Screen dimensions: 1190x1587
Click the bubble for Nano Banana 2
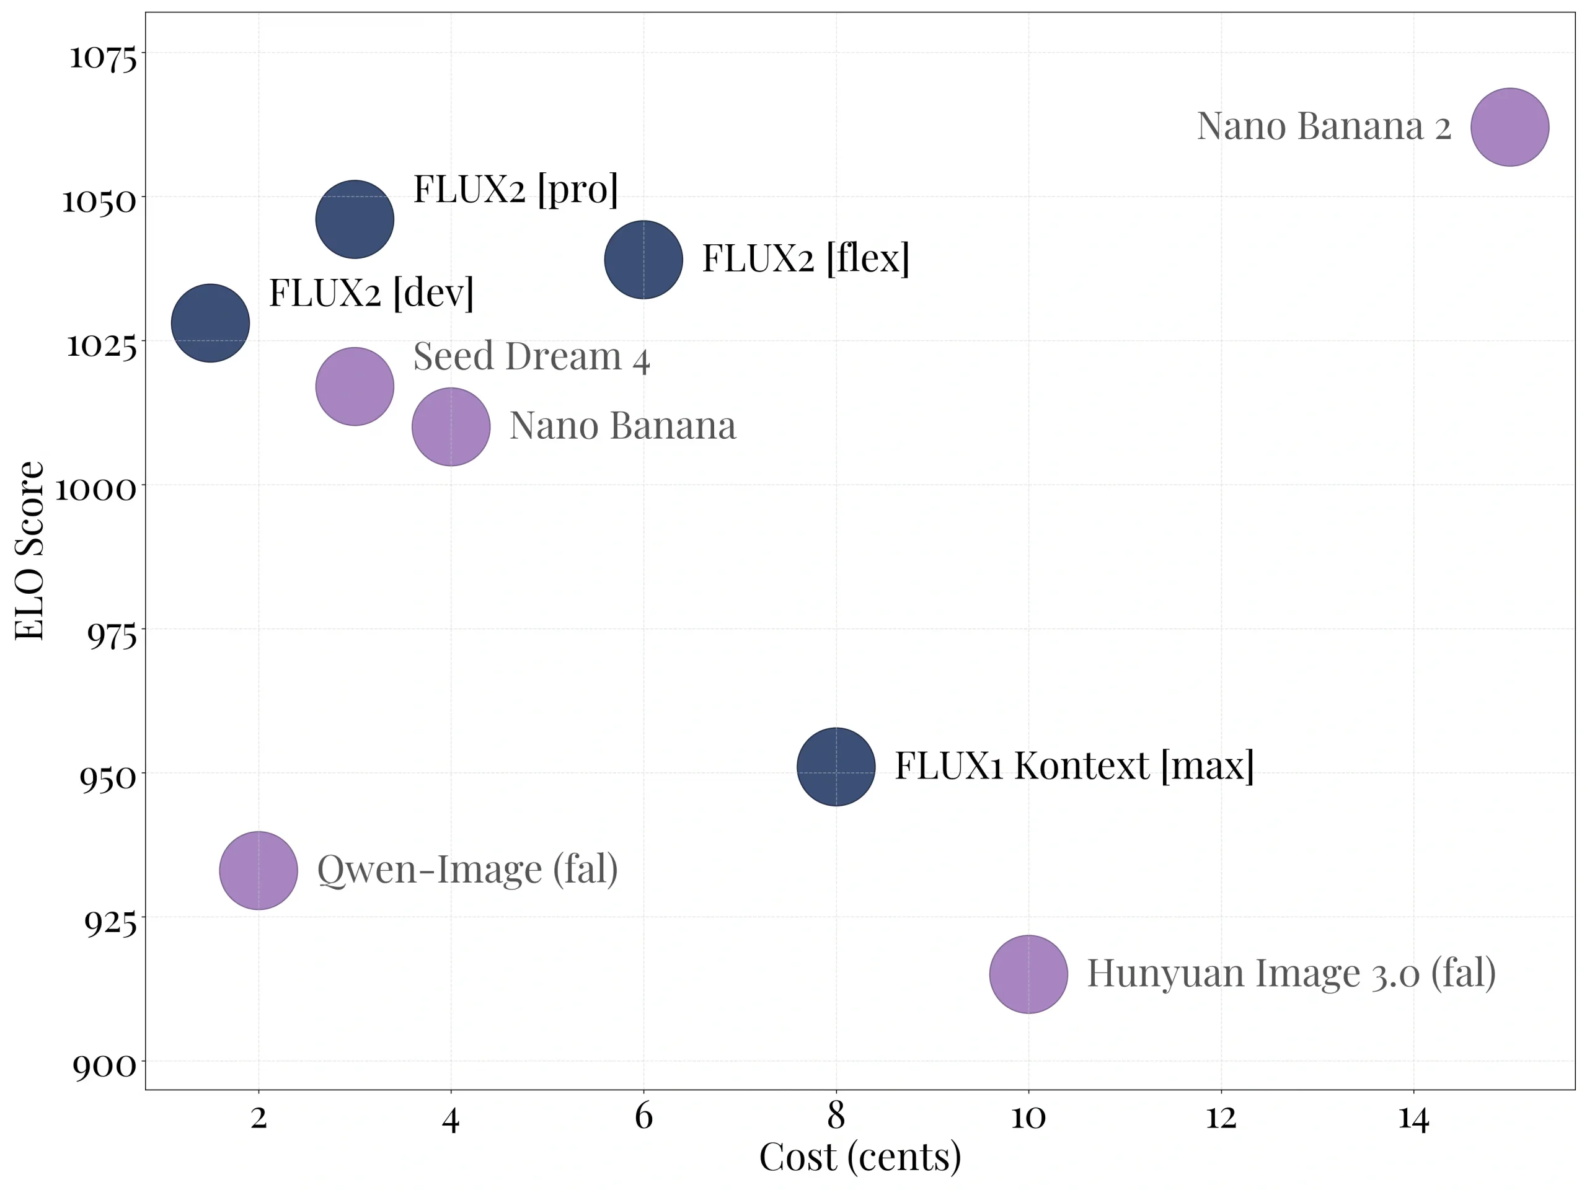(1510, 127)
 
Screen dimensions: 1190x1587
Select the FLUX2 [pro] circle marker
(355, 219)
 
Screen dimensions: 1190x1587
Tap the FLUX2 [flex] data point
(643, 259)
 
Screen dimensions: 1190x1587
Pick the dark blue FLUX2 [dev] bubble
(210, 323)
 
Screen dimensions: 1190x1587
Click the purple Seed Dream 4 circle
(355, 386)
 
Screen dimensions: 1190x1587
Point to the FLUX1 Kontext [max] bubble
(836, 766)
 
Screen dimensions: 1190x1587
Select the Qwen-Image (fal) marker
(259, 870)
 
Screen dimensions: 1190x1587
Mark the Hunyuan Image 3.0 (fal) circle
(1028, 974)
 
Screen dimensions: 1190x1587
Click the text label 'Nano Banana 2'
(1324, 126)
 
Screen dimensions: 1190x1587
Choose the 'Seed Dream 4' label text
(531, 356)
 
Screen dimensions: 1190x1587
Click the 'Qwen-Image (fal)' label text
(467, 870)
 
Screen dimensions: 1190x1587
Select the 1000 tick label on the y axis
(95, 490)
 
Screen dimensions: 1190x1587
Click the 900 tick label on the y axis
(104, 1066)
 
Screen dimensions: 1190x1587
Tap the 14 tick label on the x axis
(1413, 1117)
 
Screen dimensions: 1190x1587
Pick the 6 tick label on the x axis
(643, 1117)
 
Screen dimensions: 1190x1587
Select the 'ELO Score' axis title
(30, 550)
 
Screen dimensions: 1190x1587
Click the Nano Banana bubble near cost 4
(451, 427)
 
